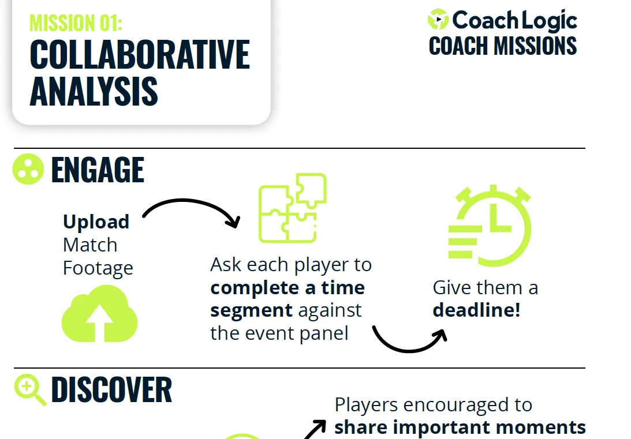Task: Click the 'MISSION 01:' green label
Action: pos(76,22)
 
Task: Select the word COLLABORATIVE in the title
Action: pos(140,55)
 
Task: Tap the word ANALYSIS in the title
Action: pos(94,91)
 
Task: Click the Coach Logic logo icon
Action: pos(438,20)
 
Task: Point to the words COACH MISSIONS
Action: pos(503,46)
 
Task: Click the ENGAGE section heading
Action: pos(98,170)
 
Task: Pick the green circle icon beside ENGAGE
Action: pos(28,170)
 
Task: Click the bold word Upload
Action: pos(96,222)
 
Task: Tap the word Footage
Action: pos(98,268)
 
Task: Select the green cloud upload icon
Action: pos(99,317)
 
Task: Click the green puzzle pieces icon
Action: pos(292,208)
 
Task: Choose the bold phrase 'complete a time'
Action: pos(288,287)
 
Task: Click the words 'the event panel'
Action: pos(279,333)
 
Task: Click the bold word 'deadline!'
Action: pos(476,310)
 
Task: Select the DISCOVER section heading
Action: pos(111,390)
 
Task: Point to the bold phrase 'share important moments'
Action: pos(460,427)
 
